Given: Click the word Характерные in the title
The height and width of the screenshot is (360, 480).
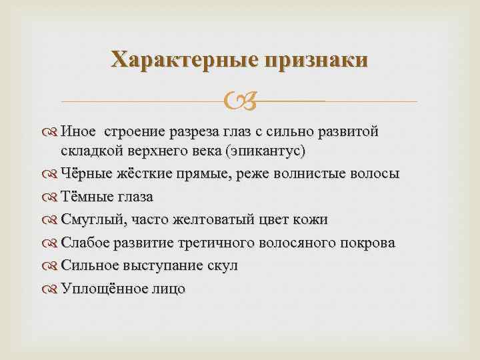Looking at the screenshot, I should click(x=183, y=59).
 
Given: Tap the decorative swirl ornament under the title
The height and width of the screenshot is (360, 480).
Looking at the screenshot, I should click(x=239, y=102).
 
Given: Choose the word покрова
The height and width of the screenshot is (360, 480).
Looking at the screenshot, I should click(x=365, y=243).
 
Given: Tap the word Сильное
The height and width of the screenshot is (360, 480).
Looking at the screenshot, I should click(x=90, y=265).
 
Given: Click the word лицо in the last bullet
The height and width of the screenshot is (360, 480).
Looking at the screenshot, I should click(x=167, y=288).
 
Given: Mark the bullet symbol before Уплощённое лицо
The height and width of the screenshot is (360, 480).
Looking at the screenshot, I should click(x=51, y=289).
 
